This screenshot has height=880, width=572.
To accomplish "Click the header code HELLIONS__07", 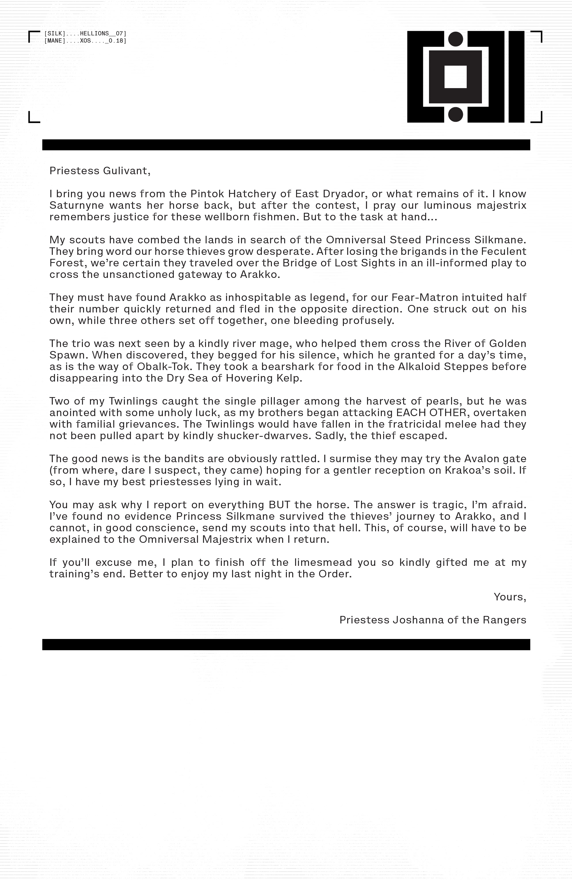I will point(103,34).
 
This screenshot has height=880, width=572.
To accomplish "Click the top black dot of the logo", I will point(455,39).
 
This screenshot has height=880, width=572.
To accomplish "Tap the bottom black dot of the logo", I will point(455,115).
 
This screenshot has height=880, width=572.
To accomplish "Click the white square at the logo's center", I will point(455,77).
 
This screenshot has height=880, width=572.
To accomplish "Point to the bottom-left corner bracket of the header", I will point(33,118).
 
